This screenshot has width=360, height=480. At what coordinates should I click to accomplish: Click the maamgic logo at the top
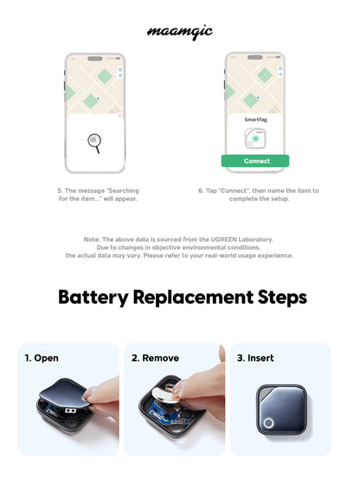tap(180, 32)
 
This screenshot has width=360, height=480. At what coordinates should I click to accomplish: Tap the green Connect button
tap(256, 161)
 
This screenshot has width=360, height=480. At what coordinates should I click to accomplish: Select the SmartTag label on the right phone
tap(256, 120)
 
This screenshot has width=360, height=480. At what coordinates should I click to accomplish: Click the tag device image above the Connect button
tap(256, 138)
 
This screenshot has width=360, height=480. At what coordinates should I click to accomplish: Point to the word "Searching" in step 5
tap(118, 190)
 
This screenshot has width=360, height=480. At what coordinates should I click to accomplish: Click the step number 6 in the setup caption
tap(202, 190)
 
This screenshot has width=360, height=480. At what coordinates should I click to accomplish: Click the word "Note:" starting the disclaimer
tap(93, 240)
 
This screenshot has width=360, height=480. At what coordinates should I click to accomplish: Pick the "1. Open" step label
tap(42, 357)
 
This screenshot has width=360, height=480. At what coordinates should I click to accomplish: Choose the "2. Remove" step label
tap(154, 357)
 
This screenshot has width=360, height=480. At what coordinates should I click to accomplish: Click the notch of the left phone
tap(95, 57)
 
